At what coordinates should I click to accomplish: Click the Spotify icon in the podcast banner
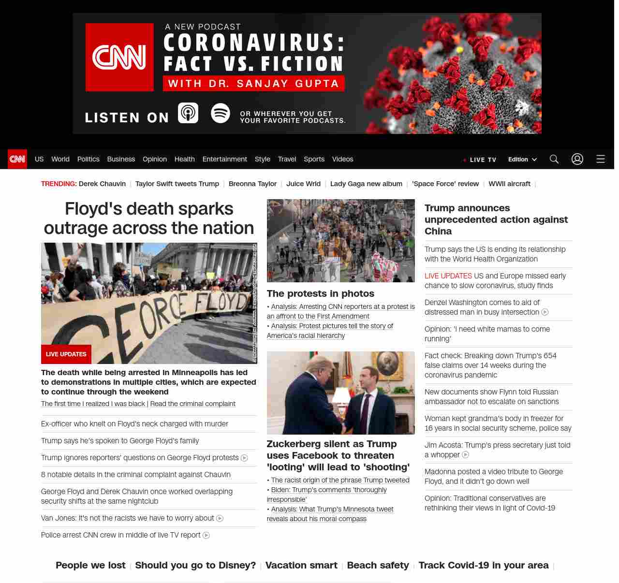coord(221,113)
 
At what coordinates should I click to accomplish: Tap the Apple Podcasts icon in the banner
coord(188,113)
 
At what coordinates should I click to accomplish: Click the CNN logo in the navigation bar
coord(17,159)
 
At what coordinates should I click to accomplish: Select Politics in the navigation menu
coord(88,159)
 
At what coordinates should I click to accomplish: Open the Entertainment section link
coord(224,159)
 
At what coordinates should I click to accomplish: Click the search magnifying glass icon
coord(554,159)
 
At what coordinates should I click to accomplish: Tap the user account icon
coord(577,159)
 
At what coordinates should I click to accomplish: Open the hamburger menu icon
coord(601,159)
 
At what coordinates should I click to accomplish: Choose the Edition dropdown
coord(522,160)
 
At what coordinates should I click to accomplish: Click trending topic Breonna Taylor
coord(252,184)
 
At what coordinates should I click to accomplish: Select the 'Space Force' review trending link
coord(445,184)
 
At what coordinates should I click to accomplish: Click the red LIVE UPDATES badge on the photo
coord(66,354)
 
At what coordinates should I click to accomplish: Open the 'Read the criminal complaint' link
coord(193,404)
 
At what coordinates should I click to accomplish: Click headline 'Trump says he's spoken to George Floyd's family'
coord(120,441)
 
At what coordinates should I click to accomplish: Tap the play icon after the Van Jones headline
coord(220,518)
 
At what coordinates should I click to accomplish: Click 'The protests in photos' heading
coord(321,293)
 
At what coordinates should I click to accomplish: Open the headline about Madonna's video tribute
coord(494,476)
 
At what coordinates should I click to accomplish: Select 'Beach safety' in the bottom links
coord(378,565)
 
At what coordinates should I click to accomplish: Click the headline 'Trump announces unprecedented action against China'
coord(496,219)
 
